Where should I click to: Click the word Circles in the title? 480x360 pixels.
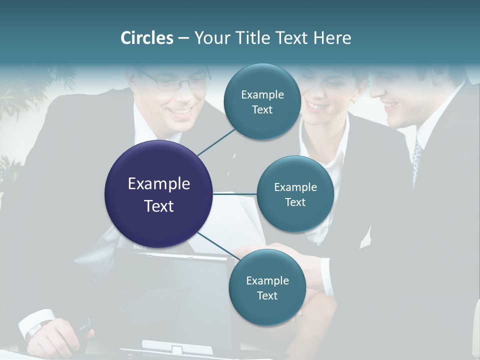click(147, 38)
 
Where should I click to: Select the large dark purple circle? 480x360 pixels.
click(158, 194)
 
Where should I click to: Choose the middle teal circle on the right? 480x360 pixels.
click(295, 194)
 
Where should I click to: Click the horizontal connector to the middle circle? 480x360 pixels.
click(235, 194)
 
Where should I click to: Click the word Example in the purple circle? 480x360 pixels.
click(158, 183)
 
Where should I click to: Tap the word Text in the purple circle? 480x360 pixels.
click(158, 206)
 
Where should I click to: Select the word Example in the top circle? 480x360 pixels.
click(262, 94)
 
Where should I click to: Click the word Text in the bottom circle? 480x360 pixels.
click(267, 295)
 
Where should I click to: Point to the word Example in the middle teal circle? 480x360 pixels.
click(295, 187)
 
